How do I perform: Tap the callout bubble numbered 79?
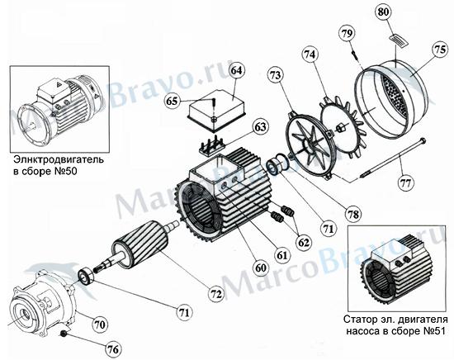[347, 34]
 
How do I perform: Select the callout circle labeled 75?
[439, 50]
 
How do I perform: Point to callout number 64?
[236, 71]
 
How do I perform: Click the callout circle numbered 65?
[172, 101]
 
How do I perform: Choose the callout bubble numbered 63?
[260, 127]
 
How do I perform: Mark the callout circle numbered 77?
[405, 183]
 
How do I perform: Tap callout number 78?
[353, 215]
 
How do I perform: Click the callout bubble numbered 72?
[216, 294]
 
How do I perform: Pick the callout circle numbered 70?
[100, 324]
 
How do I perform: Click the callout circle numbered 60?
[260, 268]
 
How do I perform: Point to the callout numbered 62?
[304, 243]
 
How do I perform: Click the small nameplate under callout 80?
[399, 40]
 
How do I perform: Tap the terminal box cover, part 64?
[217, 110]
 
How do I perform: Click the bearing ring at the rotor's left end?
[86, 277]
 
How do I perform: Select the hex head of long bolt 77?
[423, 140]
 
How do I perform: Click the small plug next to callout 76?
[62, 334]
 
